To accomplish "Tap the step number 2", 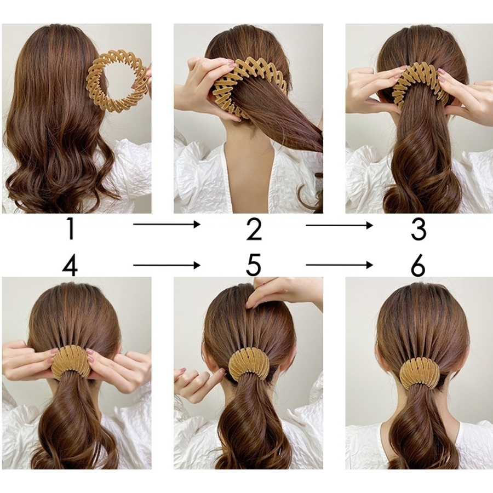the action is coord(254,229).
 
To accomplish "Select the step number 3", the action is coord(419,230).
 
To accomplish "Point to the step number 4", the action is coord(70,266).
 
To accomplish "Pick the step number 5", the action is coord(254,265).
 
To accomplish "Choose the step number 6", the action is coord(418,265).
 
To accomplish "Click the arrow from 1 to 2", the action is coord(167,224).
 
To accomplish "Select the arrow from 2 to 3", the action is coord(339,225).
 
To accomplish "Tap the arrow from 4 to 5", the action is coord(167,265).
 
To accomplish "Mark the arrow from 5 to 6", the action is coord(339,265).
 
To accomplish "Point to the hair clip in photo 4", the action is coord(71,362).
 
